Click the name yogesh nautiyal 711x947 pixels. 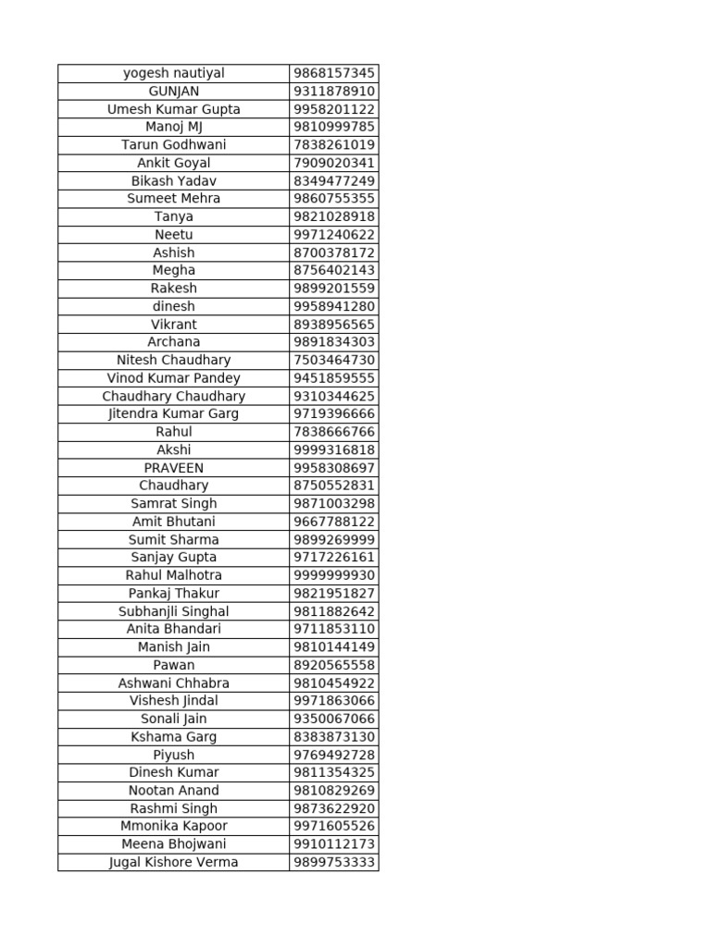174,73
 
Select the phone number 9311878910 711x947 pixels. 334,92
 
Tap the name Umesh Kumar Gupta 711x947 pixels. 174,109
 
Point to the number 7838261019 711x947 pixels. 334,145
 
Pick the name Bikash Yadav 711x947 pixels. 174,181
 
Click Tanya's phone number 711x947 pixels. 334,216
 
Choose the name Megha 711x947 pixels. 174,270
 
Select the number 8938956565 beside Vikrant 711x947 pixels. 334,325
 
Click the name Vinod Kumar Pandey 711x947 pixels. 174,378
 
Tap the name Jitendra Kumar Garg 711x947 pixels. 174,413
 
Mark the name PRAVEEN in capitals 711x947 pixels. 174,468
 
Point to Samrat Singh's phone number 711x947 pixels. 334,503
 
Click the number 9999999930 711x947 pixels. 334,575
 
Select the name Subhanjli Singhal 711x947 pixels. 174,611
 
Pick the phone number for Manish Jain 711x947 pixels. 334,647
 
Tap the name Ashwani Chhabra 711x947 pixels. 174,683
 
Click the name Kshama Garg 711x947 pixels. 174,737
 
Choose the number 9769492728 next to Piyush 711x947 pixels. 334,755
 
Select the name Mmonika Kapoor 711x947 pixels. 174,826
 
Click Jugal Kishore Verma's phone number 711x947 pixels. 334,862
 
